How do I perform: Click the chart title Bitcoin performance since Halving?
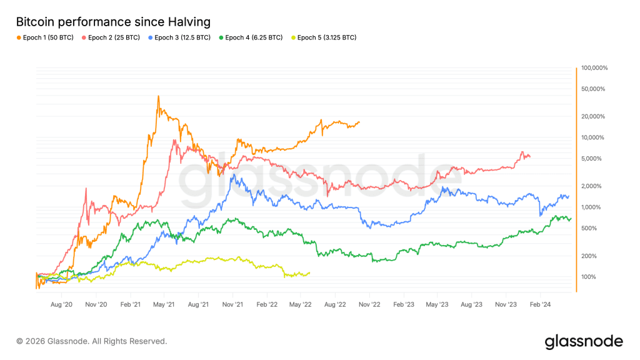pyautogui.click(x=113, y=22)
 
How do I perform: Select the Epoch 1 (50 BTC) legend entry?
pyautogui.click(x=45, y=37)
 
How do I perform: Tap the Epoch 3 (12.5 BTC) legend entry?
pyautogui.click(x=181, y=37)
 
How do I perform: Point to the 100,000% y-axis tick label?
pyautogui.click(x=594, y=67)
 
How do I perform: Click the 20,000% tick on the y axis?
pyautogui.click(x=596, y=116)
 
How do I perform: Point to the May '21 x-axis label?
pyautogui.click(x=163, y=304)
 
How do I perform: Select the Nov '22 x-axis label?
pyautogui.click(x=369, y=304)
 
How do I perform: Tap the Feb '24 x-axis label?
pyautogui.click(x=540, y=304)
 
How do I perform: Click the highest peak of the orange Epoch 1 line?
pyautogui.click(x=159, y=96)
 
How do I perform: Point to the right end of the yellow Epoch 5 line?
pyautogui.click(x=309, y=272)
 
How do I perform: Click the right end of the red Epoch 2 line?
pyautogui.click(x=530, y=156)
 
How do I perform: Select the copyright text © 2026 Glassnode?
pyautogui.click(x=92, y=341)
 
